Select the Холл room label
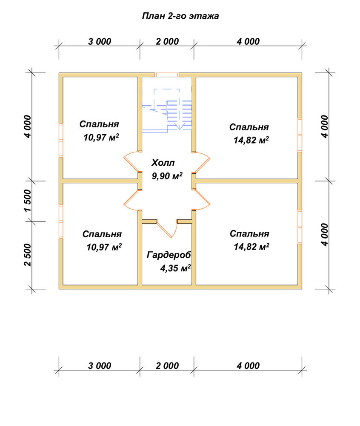[163, 163]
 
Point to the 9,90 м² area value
[167, 176]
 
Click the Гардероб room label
[169, 255]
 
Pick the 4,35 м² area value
[175, 268]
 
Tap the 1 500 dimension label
[28, 201]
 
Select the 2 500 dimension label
[28, 255]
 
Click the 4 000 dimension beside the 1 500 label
[28, 127]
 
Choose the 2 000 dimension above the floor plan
[167, 42]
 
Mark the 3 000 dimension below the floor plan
[100, 366]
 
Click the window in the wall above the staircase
[167, 75]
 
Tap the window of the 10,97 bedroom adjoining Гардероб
[61, 222]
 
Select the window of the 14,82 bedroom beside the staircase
[300, 135]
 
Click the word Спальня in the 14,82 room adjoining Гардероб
[249, 233]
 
